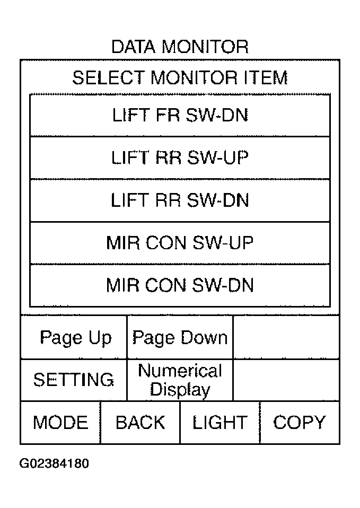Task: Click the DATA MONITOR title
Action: pos(180,47)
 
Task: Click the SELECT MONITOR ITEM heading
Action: pos(180,78)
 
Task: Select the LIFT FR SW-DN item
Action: pos(180,116)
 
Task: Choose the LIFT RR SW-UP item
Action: pos(180,158)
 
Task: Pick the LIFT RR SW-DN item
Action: pos(180,200)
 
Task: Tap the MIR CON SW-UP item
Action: pos(180,243)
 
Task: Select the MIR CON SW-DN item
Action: pos(180,285)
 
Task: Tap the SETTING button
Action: pos(74,380)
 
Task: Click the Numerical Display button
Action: pos(180,380)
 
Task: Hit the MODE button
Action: pos(60,423)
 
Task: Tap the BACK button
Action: pos(141,423)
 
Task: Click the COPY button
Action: pos(300,423)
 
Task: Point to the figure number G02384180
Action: pos(54,463)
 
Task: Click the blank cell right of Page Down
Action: pos(286,337)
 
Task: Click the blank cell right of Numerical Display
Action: pos(286,380)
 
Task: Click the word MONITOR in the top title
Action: pos(205,47)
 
